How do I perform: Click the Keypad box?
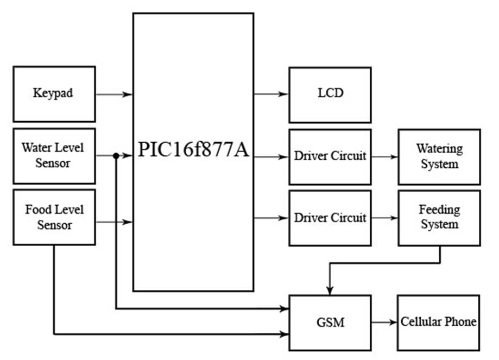pos(54,94)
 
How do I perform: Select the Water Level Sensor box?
pos(54,155)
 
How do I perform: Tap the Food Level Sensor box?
pos(54,217)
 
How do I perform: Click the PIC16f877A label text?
pos(193,150)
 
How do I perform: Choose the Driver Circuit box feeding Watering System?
pos(330,156)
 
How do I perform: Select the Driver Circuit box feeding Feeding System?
pos(330,218)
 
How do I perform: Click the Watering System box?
pos(439,156)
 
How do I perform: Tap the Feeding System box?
pos(439,218)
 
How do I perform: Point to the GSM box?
pos(330,323)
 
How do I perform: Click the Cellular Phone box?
pos(439,323)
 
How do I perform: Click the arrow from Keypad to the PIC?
pos(114,94)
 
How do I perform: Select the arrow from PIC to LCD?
pos(271,94)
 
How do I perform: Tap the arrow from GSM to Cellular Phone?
pos(384,323)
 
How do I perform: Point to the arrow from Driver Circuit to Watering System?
pos(384,157)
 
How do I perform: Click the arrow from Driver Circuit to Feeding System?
pos(384,218)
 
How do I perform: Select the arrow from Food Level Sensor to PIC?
pos(114,222)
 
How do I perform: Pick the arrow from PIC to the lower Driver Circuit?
pos(271,218)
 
